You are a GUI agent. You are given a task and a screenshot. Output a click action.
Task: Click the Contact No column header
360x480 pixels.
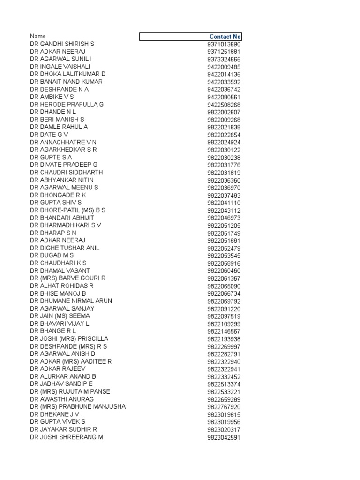pyautogui.click(x=225, y=37)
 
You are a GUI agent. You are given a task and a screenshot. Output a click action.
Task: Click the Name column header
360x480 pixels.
pyautogui.click(x=38, y=36)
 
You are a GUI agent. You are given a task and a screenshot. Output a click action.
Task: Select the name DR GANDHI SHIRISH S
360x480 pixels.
pyautogui.click(x=62, y=44)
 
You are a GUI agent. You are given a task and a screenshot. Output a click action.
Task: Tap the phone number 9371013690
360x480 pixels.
pyautogui.click(x=224, y=45)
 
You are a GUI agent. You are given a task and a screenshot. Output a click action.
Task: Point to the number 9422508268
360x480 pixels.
pyautogui.click(x=224, y=105)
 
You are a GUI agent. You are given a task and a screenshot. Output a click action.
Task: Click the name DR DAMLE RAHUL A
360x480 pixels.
pyautogui.click(x=59, y=127)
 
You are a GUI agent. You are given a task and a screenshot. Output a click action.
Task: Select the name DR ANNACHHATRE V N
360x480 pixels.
pyautogui.click(x=64, y=142)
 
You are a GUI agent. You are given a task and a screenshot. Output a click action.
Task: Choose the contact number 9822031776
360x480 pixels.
pyautogui.click(x=224, y=165)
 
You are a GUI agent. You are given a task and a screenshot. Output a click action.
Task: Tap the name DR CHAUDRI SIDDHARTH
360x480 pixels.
pyautogui.click(x=67, y=172)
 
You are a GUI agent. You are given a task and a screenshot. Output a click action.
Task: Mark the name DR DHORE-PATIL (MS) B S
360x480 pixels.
pyautogui.click(x=68, y=210)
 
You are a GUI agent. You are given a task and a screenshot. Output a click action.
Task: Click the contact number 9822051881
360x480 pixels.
pyautogui.click(x=224, y=241)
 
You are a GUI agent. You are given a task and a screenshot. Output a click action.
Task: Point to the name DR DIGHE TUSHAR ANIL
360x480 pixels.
pyautogui.click(x=65, y=248)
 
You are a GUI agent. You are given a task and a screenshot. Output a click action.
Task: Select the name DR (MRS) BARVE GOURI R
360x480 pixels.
pyautogui.click(x=68, y=278)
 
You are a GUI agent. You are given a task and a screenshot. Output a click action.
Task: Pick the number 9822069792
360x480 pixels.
pyautogui.click(x=224, y=301)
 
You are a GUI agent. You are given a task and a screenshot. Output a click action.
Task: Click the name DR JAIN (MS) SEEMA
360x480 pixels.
pyautogui.click(x=60, y=316)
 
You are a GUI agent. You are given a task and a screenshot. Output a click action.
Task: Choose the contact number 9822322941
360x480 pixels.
pyautogui.click(x=224, y=369)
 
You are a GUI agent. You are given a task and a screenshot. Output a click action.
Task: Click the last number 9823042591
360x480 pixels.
pyautogui.click(x=224, y=438)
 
